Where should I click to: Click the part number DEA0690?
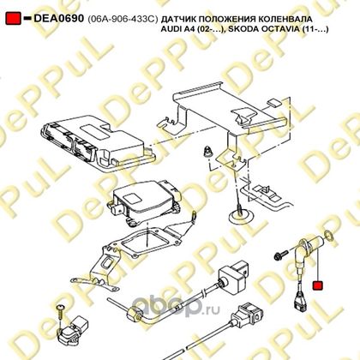point(59,19)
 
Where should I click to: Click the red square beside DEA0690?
point(13,19)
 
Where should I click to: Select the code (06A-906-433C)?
point(123,19)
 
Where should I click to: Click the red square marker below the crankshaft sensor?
point(318,285)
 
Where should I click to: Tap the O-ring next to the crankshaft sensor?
point(327,235)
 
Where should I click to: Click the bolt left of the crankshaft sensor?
point(281,255)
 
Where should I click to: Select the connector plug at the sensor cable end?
point(299,303)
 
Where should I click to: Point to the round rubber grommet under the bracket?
point(242,216)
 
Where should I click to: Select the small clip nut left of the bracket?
point(207,151)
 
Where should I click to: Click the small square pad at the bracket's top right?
point(275,103)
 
